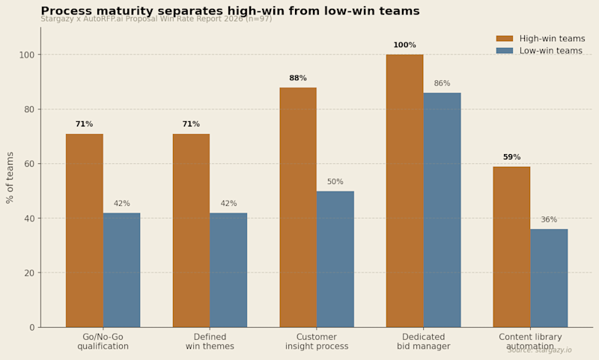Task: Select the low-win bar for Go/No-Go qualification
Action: (x=121, y=270)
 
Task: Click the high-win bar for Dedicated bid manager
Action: (x=404, y=191)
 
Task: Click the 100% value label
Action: (x=404, y=46)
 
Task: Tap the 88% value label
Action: (x=298, y=79)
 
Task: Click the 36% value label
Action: (x=549, y=220)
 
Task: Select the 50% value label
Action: (x=335, y=182)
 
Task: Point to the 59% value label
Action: (x=511, y=157)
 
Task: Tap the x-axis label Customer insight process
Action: (x=317, y=342)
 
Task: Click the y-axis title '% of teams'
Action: (x=10, y=177)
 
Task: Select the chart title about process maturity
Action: (x=251, y=11)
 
